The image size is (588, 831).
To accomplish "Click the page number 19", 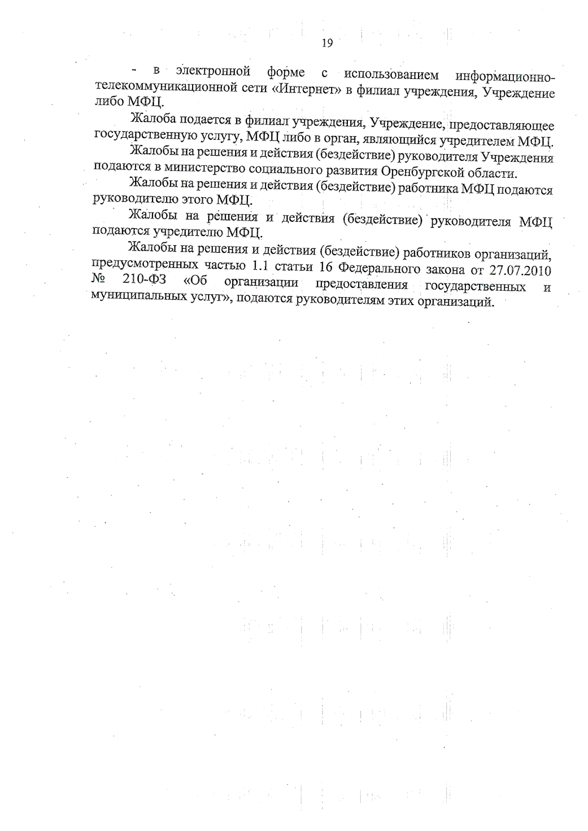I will [327, 43].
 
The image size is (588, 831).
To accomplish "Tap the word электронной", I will [214, 71].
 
